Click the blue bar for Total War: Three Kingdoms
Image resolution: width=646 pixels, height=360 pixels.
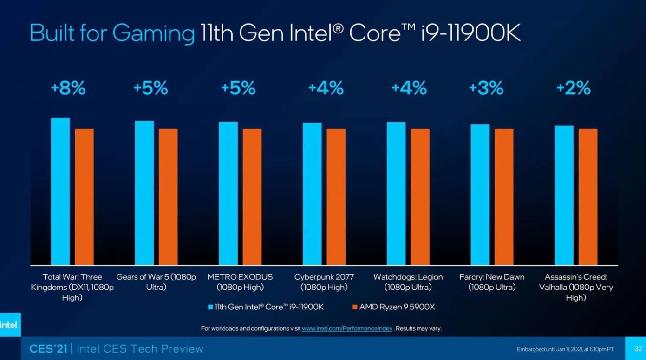(x=60, y=191)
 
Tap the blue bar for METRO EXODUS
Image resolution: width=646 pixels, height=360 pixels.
(x=228, y=193)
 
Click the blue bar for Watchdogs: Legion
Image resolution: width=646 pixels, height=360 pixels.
(x=396, y=193)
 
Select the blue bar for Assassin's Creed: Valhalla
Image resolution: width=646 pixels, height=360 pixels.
(x=564, y=195)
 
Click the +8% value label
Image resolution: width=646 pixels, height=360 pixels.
(x=68, y=88)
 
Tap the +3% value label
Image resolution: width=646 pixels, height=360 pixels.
(x=486, y=88)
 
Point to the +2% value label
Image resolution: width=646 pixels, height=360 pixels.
(x=573, y=88)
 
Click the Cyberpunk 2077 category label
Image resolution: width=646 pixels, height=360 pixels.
(x=324, y=282)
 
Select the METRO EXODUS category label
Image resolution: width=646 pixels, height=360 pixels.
(x=240, y=282)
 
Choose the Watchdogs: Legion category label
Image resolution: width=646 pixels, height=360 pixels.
(x=408, y=282)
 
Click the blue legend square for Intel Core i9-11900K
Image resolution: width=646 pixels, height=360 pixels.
(x=211, y=307)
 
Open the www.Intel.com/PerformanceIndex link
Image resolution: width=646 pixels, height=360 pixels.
(x=347, y=329)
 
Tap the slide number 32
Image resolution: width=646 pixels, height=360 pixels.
(x=638, y=349)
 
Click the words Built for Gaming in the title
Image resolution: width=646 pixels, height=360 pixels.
(x=112, y=33)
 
